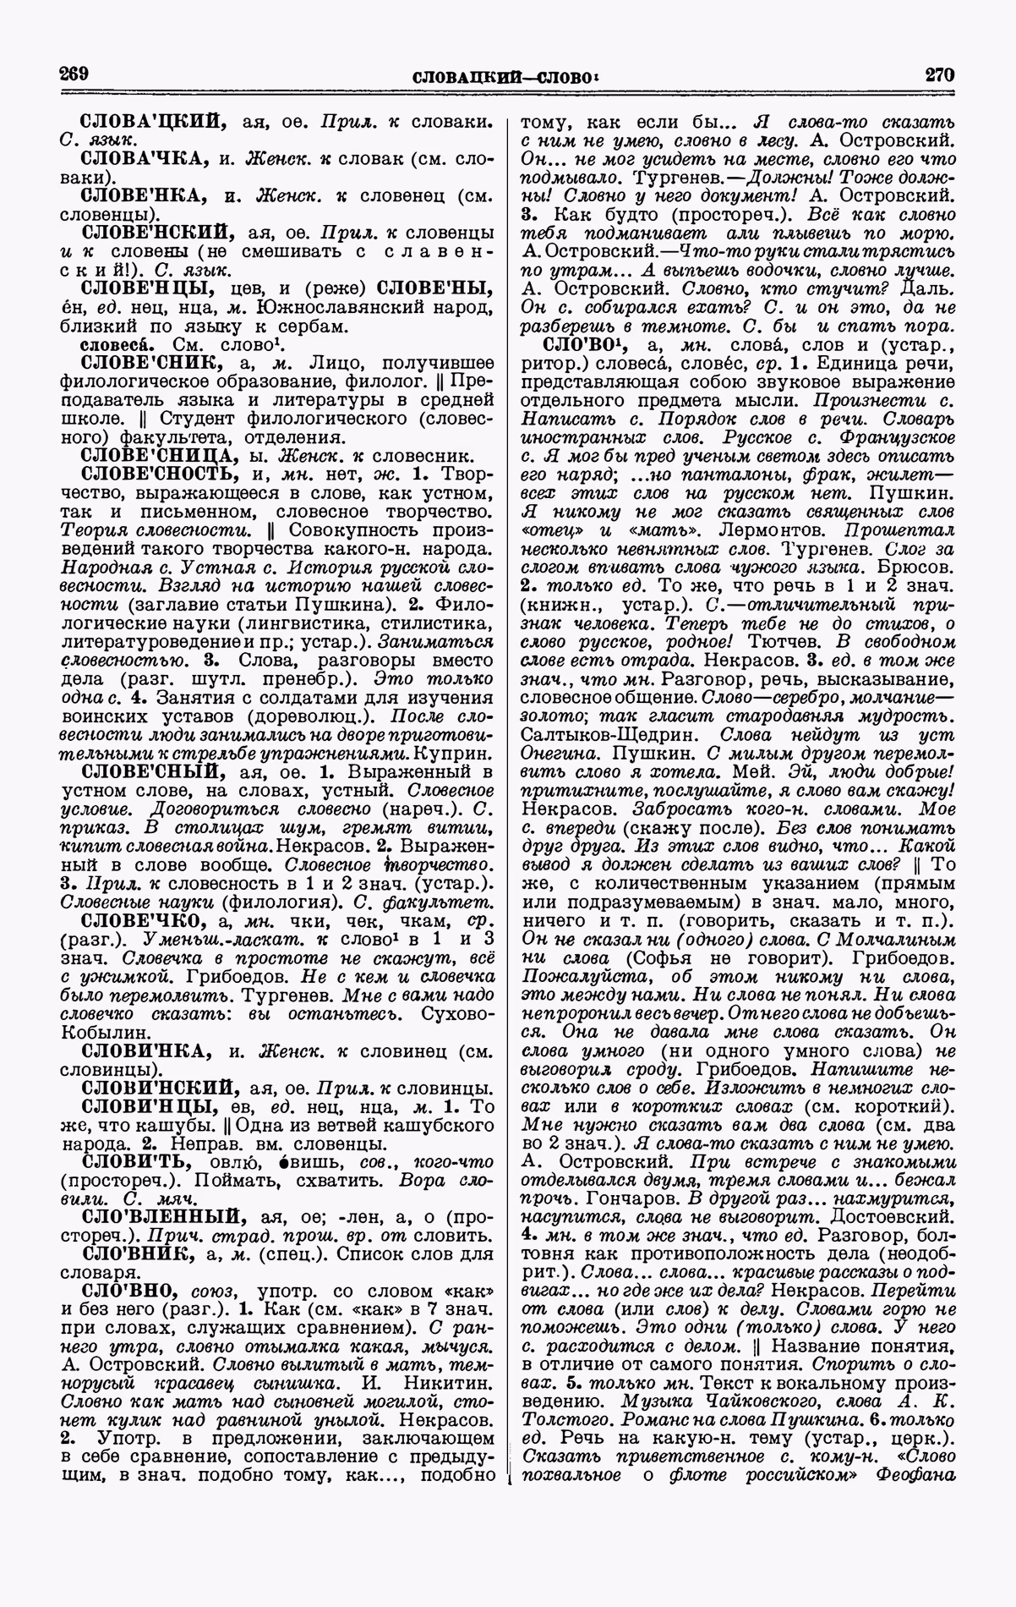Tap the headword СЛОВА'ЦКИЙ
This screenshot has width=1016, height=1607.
tap(154, 120)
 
